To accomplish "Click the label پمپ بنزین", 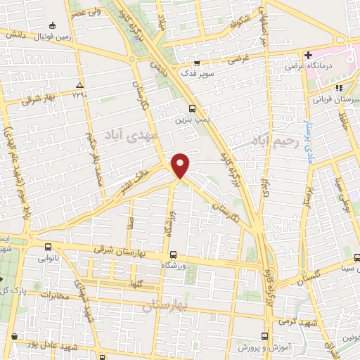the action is pyautogui.click(x=192, y=120).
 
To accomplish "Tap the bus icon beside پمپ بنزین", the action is pyautogui.click(x=192, y=108).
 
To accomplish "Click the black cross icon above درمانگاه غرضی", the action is pyautogui.click(x=308, y=55).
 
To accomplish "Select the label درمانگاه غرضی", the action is pyautogui.click(x=310, y=66).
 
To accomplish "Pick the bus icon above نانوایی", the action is pyautogui.click(x=48, y=247).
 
